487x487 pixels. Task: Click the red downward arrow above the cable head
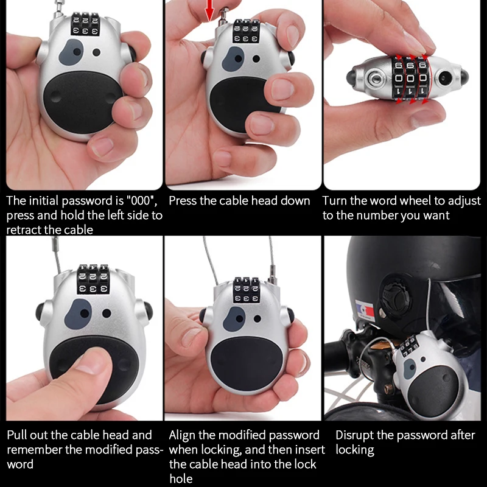(x=210, y=10)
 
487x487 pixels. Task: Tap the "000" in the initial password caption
(x=141, y=201)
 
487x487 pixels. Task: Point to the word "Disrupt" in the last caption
(x=355, y=435)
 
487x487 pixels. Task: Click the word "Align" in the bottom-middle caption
(x=182, y=435)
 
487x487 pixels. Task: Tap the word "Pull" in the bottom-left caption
(x=16, y=435)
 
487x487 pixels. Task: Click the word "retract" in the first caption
(x=24, y=230)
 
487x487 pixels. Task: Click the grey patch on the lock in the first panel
(x=71, y=52)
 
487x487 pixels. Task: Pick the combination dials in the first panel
(x=85, y=24)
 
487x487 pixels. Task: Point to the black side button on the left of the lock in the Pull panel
(x=40, y=312)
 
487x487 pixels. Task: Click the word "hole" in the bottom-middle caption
(x=181, y=478)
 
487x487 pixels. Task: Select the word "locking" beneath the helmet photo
(x=355, y=450)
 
